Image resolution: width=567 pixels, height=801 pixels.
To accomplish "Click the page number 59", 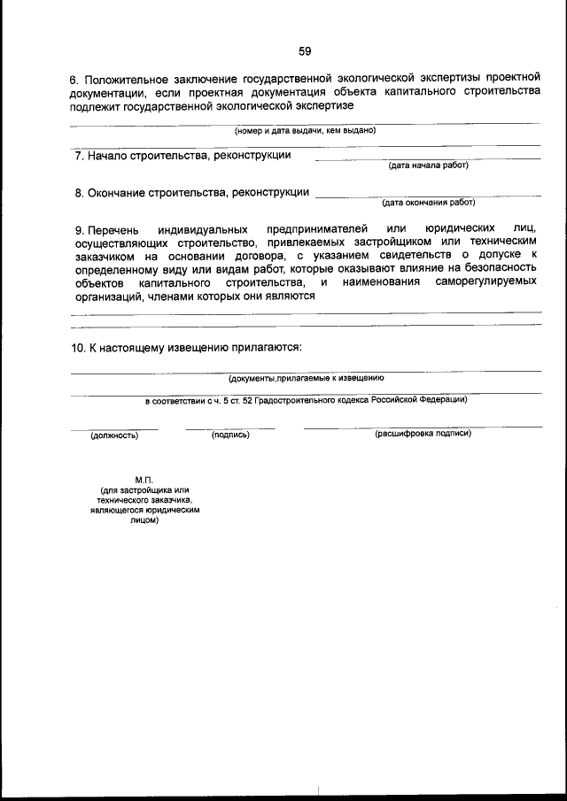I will pos(305,50).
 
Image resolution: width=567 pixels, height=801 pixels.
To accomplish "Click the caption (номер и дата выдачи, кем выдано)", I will pos(305,130).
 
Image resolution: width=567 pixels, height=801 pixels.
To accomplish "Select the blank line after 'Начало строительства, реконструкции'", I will pos(428,158).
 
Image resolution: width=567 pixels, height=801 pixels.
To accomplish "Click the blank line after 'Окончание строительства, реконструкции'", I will pos(428,195).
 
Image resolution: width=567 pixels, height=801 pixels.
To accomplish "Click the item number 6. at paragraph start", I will pos(75,81).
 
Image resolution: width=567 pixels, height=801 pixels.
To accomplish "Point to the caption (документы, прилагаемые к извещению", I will pos(306,378).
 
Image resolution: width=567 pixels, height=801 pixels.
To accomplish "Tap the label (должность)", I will pos(114,435).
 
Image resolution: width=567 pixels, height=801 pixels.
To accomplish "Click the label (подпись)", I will pos(230,435).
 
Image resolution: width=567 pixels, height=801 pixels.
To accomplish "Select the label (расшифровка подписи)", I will pos(423,434).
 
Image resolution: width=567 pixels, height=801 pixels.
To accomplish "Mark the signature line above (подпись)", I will pos(230,428).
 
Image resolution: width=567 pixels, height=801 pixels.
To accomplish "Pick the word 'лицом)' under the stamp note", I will pos(144,521).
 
